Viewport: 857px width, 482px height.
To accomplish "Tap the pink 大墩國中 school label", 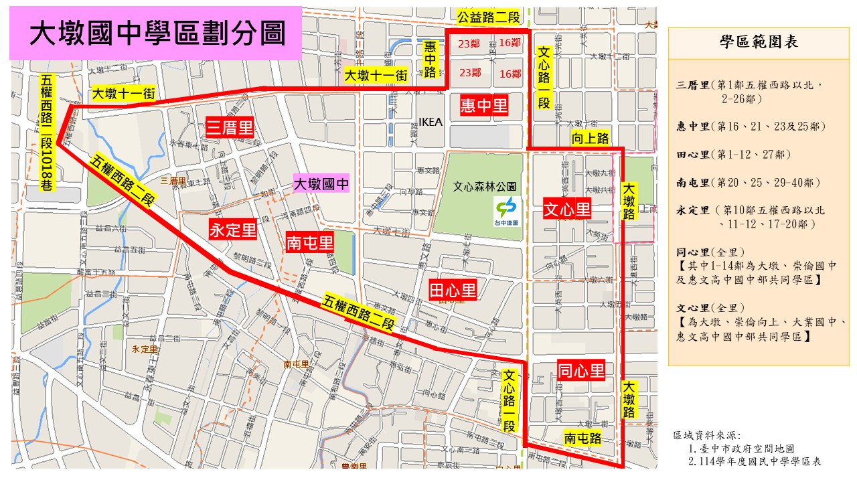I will [x=323, y=184].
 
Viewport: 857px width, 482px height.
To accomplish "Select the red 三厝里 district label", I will [x=230, y=127].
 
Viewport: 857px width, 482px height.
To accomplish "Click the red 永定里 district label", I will [x=233, y=230].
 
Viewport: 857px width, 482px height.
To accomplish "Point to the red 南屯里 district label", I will [x=309, y=242].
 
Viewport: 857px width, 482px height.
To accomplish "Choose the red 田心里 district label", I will [x=453, y=290].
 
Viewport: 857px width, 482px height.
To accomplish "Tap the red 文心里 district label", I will [x=567, y=210].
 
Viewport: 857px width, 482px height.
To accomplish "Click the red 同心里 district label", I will [x=581, y=370].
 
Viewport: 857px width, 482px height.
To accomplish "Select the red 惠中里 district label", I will [x=484, y=104].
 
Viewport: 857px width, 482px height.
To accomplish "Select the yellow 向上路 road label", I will [x=591, y=139].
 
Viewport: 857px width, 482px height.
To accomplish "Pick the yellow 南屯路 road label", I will [x=582, y=438].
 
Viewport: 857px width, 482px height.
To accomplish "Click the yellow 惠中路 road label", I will [x=431, y=59].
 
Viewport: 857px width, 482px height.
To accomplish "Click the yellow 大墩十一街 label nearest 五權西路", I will [x=124, y=94].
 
